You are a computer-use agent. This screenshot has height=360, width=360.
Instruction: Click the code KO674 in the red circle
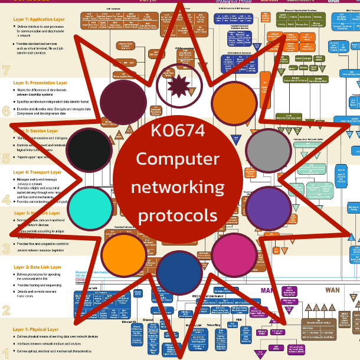coord(178,131)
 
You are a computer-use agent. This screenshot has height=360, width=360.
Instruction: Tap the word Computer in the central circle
coord(178,159)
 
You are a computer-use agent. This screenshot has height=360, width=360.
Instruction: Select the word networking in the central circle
coord(178,187)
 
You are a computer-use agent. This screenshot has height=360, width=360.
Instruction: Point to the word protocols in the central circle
coord(178,214)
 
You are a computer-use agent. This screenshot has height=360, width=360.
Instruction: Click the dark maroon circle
coord(123,101)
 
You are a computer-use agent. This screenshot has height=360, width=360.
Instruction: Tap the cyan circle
coord(90,199)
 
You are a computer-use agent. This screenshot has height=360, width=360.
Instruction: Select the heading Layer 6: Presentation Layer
coord(40,83)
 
